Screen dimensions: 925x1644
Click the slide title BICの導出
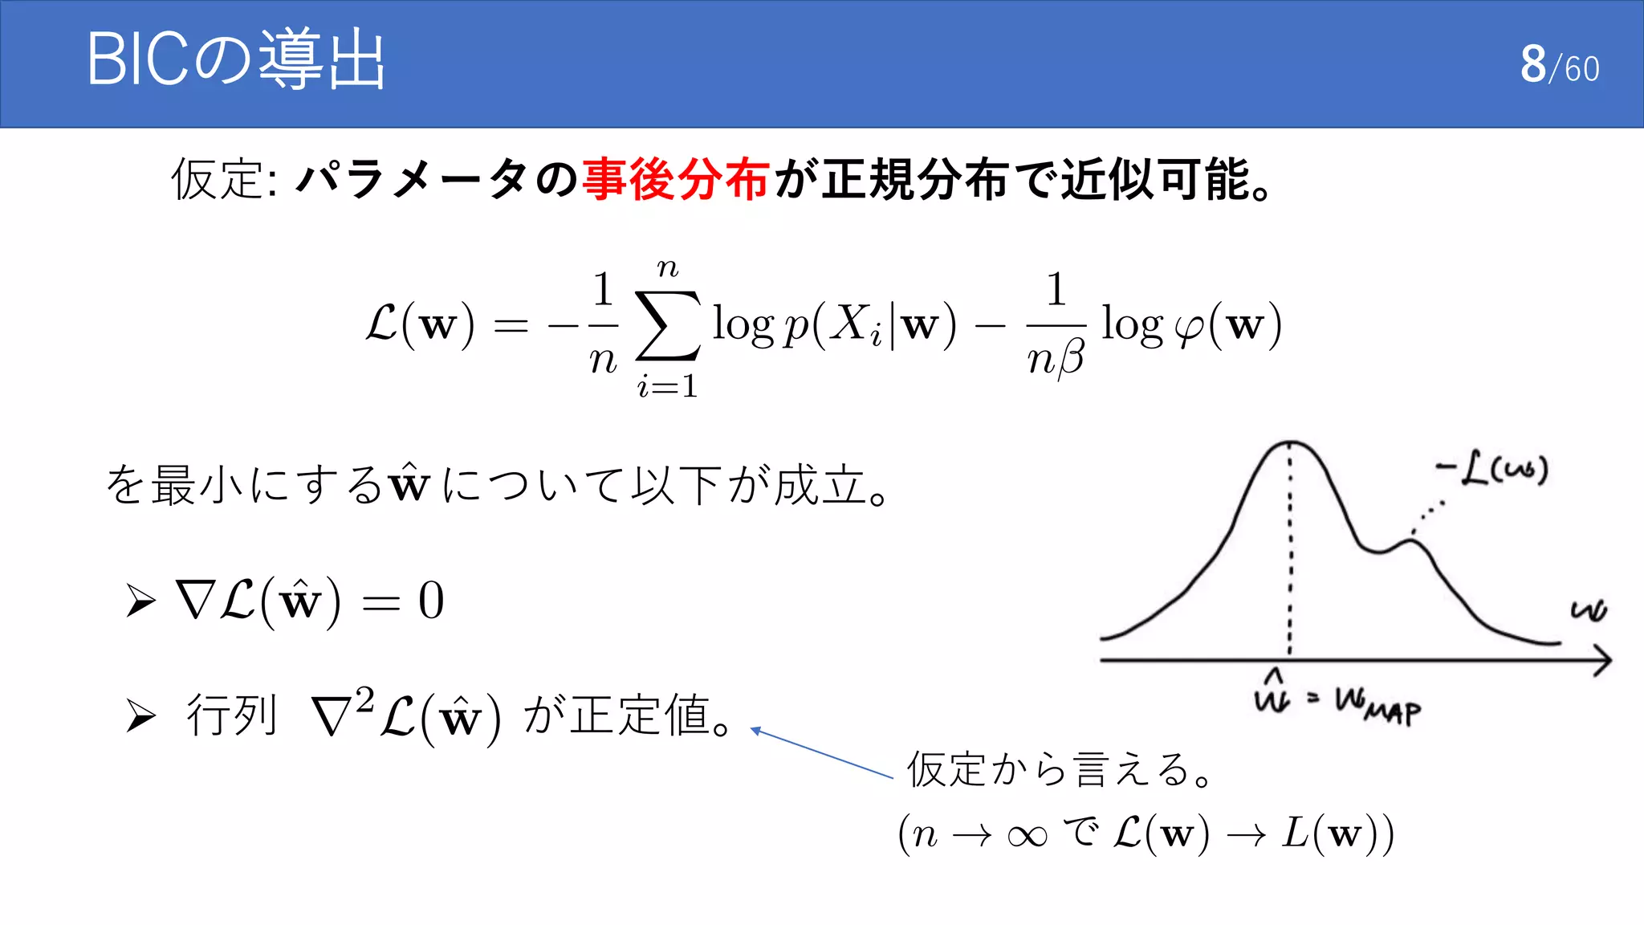click(236, 60)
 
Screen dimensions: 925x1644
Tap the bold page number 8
click(1532, 64)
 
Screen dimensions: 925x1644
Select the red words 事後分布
click(675, 179)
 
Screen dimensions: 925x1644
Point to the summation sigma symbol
click(667, 327)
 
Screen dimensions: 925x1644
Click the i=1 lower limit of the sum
click(667, 387)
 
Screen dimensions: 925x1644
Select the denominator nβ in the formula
click(1056, 358)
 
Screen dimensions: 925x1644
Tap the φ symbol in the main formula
click(1189, 328)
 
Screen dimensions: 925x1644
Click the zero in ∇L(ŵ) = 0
click(431, 601)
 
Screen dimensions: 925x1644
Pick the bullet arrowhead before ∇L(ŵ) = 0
click(140, 601)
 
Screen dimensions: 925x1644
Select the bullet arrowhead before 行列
click(140, 715)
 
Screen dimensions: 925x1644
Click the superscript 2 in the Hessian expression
click(364, 699)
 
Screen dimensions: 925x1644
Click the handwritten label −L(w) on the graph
click(1493, 469)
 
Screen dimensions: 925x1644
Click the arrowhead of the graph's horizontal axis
click(1602, 661)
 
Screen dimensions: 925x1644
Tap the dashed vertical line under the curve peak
click(1290, 554)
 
